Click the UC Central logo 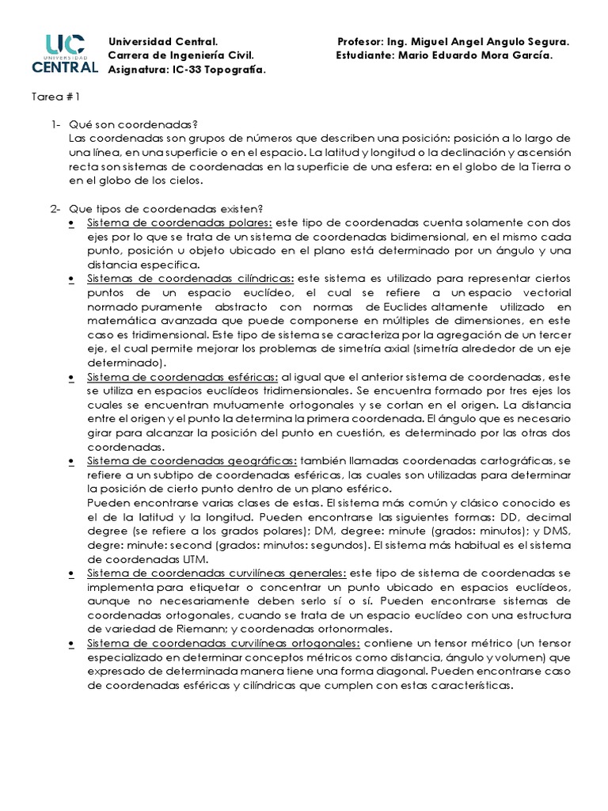click(64, 54)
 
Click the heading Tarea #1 click(55, 97)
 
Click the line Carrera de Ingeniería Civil click(180, 55)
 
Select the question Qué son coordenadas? click(133, 124)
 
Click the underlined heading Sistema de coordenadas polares click(180, 223)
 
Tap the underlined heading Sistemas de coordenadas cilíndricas click(190, 280)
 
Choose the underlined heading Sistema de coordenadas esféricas click(182, 376)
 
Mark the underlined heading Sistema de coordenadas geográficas click(192, 460)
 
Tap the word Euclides click(405, 307)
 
